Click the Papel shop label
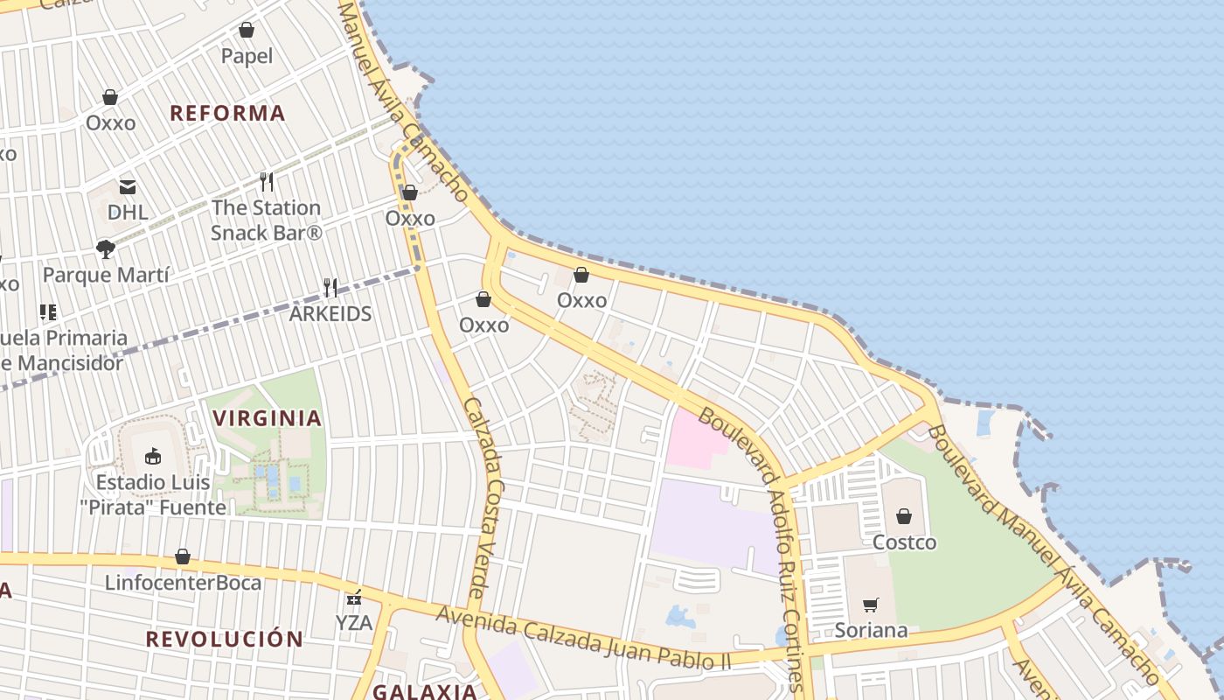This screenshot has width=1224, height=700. (x=247, y=56)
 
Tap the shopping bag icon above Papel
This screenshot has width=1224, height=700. (x=247, y=31)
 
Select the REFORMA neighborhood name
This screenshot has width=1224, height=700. (x=227, y=113)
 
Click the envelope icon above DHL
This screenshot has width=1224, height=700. (x=128, y=186)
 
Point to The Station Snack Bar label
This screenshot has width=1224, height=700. (x=267, y=220)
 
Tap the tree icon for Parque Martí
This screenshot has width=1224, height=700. (x=106, y=249)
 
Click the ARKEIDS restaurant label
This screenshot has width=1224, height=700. (x=330, y=313)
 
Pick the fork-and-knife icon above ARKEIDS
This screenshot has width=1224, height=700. (x=330, y=287)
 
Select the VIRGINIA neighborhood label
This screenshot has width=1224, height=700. (x=268, y=418)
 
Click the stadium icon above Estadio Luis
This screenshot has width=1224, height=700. (x=153, y=456)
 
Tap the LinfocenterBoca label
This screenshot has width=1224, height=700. (x=183, y=582)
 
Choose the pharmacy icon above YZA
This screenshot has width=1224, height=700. (x=354, y=598)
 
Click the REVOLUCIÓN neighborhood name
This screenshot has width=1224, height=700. (x=224, y=639)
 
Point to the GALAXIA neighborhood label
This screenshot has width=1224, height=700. (x=425, y=691)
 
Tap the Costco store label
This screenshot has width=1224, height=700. (x=904, y=542)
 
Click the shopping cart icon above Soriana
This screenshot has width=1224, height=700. (x=870, y=605)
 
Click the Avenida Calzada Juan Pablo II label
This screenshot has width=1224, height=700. (x=583, y=638)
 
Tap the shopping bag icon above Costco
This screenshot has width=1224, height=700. (x=904, y=516)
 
